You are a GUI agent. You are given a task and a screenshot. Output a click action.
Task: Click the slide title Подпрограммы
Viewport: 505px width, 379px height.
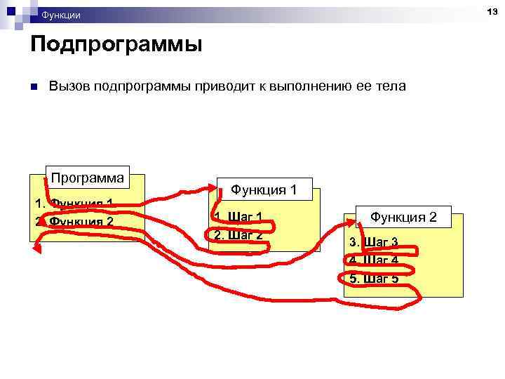[116, 45]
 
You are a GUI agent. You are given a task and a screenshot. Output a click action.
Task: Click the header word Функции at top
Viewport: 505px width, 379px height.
[60, 15]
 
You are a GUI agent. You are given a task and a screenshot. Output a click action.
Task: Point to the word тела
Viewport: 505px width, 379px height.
[391, 86]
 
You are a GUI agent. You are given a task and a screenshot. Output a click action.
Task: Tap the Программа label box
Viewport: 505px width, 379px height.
[88, 178]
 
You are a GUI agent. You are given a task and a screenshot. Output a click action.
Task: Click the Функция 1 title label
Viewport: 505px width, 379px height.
[264, 189]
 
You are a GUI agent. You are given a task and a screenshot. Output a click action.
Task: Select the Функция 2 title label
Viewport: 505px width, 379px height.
[403, 218]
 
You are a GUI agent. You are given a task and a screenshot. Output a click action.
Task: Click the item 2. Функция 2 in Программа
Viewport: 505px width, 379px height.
[74, 222]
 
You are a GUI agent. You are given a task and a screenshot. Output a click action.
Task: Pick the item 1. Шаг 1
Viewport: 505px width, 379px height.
[238, 217]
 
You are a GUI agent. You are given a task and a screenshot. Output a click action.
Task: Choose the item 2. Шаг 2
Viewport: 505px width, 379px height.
[238, 234]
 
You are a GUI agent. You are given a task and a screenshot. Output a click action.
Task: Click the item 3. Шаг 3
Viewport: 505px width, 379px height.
[374, 242]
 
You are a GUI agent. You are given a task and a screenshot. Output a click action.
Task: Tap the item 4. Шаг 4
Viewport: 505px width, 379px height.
[374, 260]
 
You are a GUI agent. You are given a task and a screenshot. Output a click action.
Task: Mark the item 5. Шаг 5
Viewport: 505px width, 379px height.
[374, 279]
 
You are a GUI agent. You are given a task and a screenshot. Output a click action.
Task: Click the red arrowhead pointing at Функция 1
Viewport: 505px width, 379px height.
[216, 187]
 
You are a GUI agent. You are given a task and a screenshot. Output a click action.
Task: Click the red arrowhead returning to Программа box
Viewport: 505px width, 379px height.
[37, 247]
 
